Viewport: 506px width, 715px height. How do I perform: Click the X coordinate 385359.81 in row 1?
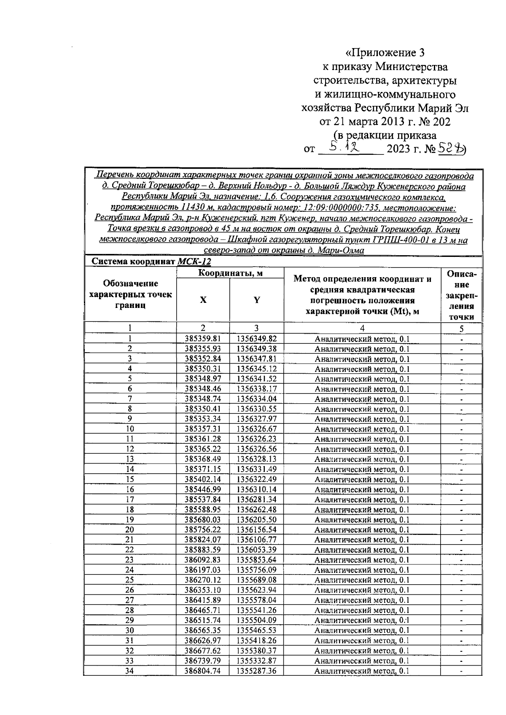[x=203, y=338]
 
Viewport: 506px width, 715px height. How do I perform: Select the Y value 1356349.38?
[x=256, y=348]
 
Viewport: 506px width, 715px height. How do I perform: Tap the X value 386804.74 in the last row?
[x=203, y=670]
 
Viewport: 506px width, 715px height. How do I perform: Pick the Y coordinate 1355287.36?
[x=256, y=670]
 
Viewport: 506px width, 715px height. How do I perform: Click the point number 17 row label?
[x=130, y=499]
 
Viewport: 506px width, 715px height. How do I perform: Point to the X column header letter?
[x=203, y=300]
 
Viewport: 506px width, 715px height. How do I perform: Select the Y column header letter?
[x=256, y=300]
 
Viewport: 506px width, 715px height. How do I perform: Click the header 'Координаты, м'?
[x=230, y=273]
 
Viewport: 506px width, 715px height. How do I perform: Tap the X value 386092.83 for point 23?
[x=203, y=560]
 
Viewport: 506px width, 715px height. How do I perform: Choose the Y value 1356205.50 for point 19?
[x=256, y=519]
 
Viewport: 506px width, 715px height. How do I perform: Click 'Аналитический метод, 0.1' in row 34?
[x=362, y=670]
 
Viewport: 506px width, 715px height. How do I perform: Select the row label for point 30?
[x=130, y=630]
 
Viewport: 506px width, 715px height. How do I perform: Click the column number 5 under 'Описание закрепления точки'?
[x=461, y=329]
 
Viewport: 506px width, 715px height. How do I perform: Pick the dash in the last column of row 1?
[x=461, y=339]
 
